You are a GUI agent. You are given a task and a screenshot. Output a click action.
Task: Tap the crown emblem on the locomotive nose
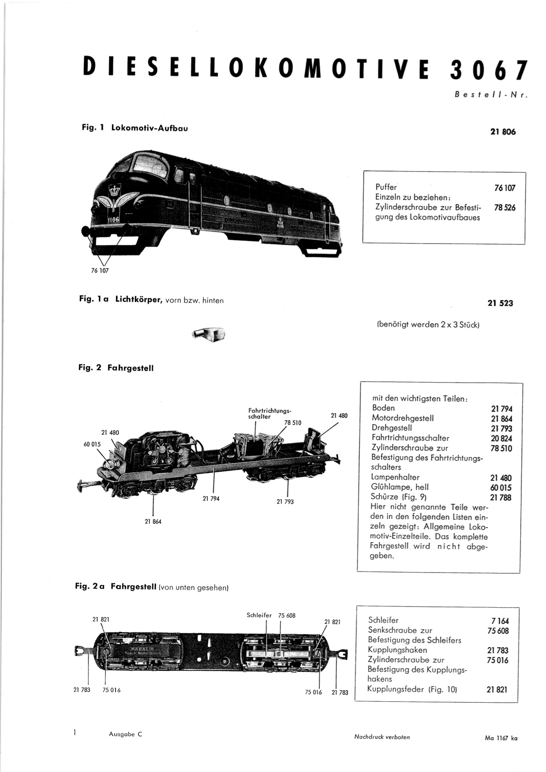click(113, 189)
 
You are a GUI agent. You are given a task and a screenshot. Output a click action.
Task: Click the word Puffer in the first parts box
click(386, 187)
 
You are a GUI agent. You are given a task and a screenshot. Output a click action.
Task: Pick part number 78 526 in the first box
click(505, 208)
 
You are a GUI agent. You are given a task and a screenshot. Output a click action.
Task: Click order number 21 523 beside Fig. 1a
click(500, 303)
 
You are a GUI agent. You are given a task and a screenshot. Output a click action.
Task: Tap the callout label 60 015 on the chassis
click(92, 444)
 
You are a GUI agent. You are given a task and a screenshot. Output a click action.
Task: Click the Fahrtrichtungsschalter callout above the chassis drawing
click(269, 414)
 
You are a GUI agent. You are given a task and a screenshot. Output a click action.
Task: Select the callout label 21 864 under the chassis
click(153, 522)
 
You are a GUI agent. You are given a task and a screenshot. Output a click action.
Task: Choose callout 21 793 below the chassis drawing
click(285, 502)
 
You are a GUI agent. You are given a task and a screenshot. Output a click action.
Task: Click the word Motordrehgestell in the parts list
click(402, 418)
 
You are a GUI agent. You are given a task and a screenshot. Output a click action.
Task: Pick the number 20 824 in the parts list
click(501, 439)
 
